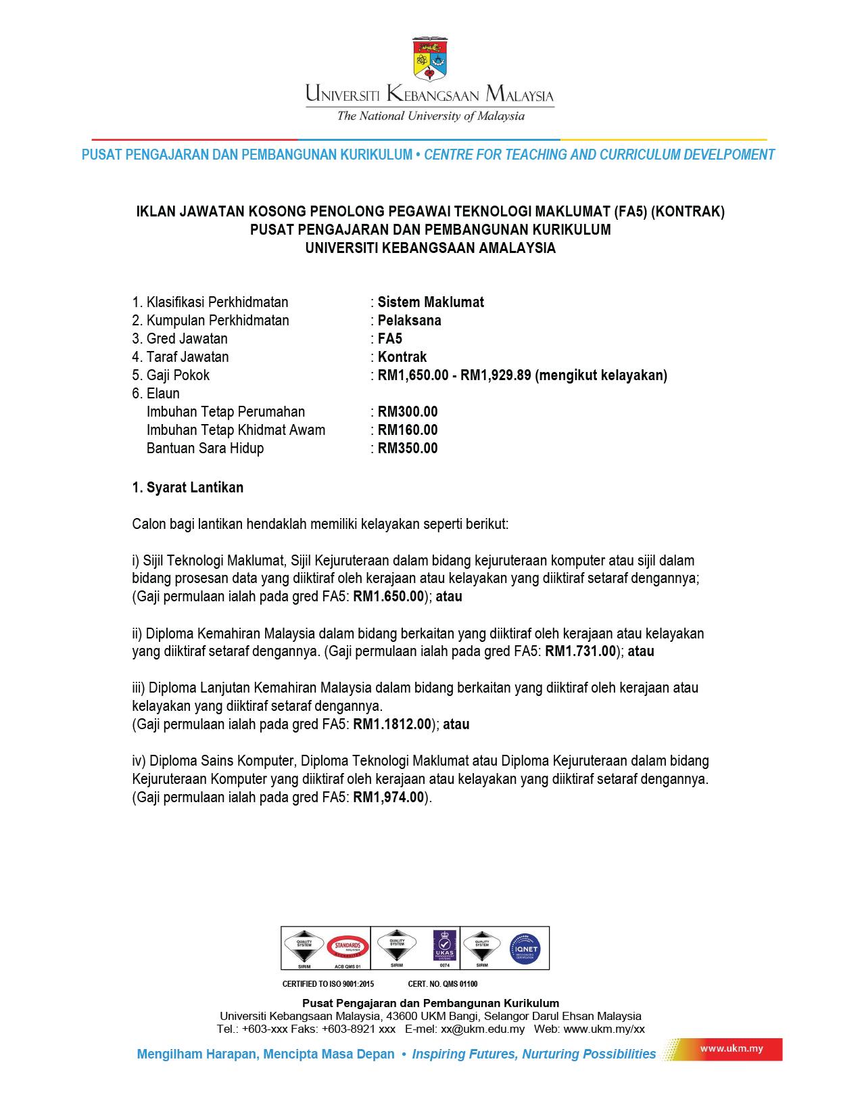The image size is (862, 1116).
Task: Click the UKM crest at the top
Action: click(430, 60)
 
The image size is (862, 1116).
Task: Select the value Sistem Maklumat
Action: click(431, 302)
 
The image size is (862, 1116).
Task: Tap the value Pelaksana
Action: click(409, 321)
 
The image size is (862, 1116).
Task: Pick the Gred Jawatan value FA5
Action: click(390, 339)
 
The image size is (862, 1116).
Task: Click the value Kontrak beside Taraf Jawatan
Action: click(402, 357)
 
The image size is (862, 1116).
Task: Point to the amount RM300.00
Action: click(408, 412)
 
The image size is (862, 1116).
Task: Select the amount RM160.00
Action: click(408, 430)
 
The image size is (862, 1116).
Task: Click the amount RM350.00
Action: click(408, 448)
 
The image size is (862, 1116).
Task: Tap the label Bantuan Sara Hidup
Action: click(205, 448)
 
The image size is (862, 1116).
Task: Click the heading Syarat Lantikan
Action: click(195, 488)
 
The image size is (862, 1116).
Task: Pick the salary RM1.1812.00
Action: click(392, 724)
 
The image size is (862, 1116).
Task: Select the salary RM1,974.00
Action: click(389, 797)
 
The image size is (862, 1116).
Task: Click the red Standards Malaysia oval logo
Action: click(348, 948)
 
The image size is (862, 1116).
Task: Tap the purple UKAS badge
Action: click(445, 946)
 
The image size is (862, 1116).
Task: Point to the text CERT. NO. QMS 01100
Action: click(443, 984)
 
